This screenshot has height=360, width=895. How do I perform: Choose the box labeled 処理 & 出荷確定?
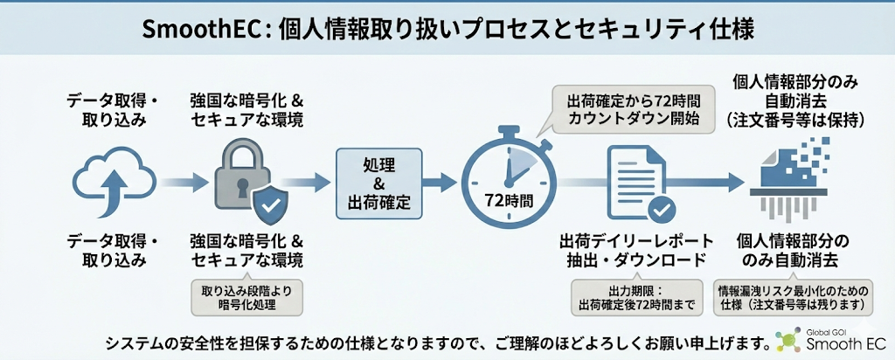pos(379,182)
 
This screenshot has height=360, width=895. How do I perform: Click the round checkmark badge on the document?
pos(659,208)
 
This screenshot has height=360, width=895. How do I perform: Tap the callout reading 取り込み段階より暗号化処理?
pos(246,296)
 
